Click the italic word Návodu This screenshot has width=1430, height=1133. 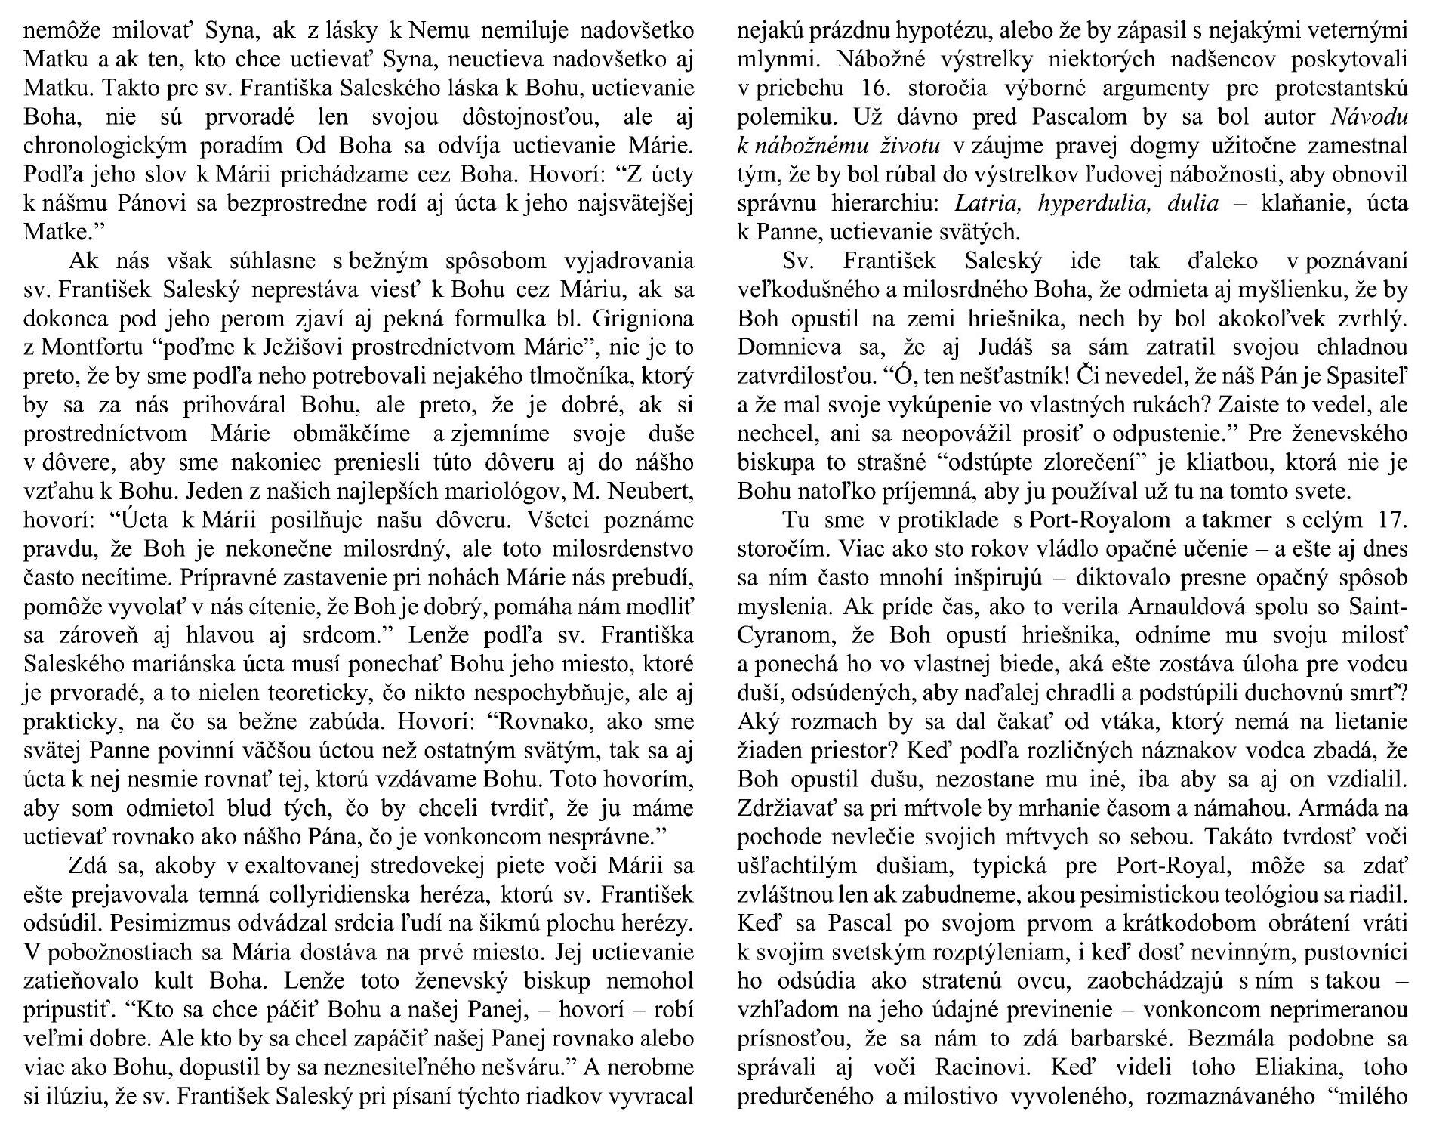tap(1367, 118)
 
